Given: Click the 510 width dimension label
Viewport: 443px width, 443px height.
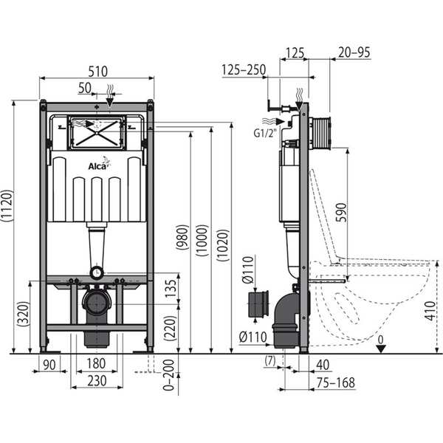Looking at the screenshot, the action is [x=97, y=72].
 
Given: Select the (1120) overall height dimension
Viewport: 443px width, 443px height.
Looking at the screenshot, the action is [x=7, y=205].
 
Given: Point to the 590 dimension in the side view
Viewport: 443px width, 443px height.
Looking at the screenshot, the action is [x=341, y=213].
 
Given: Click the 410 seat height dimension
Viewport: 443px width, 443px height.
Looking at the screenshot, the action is [x=430, y=311].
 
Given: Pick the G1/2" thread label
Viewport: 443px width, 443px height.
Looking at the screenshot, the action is [x=264, y=133].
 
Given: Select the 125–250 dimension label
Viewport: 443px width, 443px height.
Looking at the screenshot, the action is [x=244, y=70].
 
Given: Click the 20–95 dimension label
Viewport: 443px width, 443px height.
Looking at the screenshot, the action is [x=354, y=52].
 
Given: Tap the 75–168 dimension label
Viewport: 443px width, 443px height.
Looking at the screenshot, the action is [x=336, y=382].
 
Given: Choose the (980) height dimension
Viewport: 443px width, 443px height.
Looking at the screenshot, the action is [x=182, y=237].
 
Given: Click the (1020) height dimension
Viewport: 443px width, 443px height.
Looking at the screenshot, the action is [x=223, y=245].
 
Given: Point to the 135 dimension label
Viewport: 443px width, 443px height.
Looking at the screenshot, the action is [x=171, y=289].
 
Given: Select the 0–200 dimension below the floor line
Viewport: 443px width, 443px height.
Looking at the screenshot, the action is [x=169, y=375].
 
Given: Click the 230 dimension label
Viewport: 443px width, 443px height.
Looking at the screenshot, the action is [x=97, y=381].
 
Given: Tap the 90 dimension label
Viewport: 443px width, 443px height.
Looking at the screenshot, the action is [x=49, y=365].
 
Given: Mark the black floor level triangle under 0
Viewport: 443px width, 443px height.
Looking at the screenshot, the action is [x=381, y=349].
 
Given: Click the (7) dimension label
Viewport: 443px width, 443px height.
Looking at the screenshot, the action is [x=270, y=361].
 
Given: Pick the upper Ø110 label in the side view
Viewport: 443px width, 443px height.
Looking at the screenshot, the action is [x=248, y=269].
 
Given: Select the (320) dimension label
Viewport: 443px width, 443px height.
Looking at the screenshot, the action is [x=24, y=315].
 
